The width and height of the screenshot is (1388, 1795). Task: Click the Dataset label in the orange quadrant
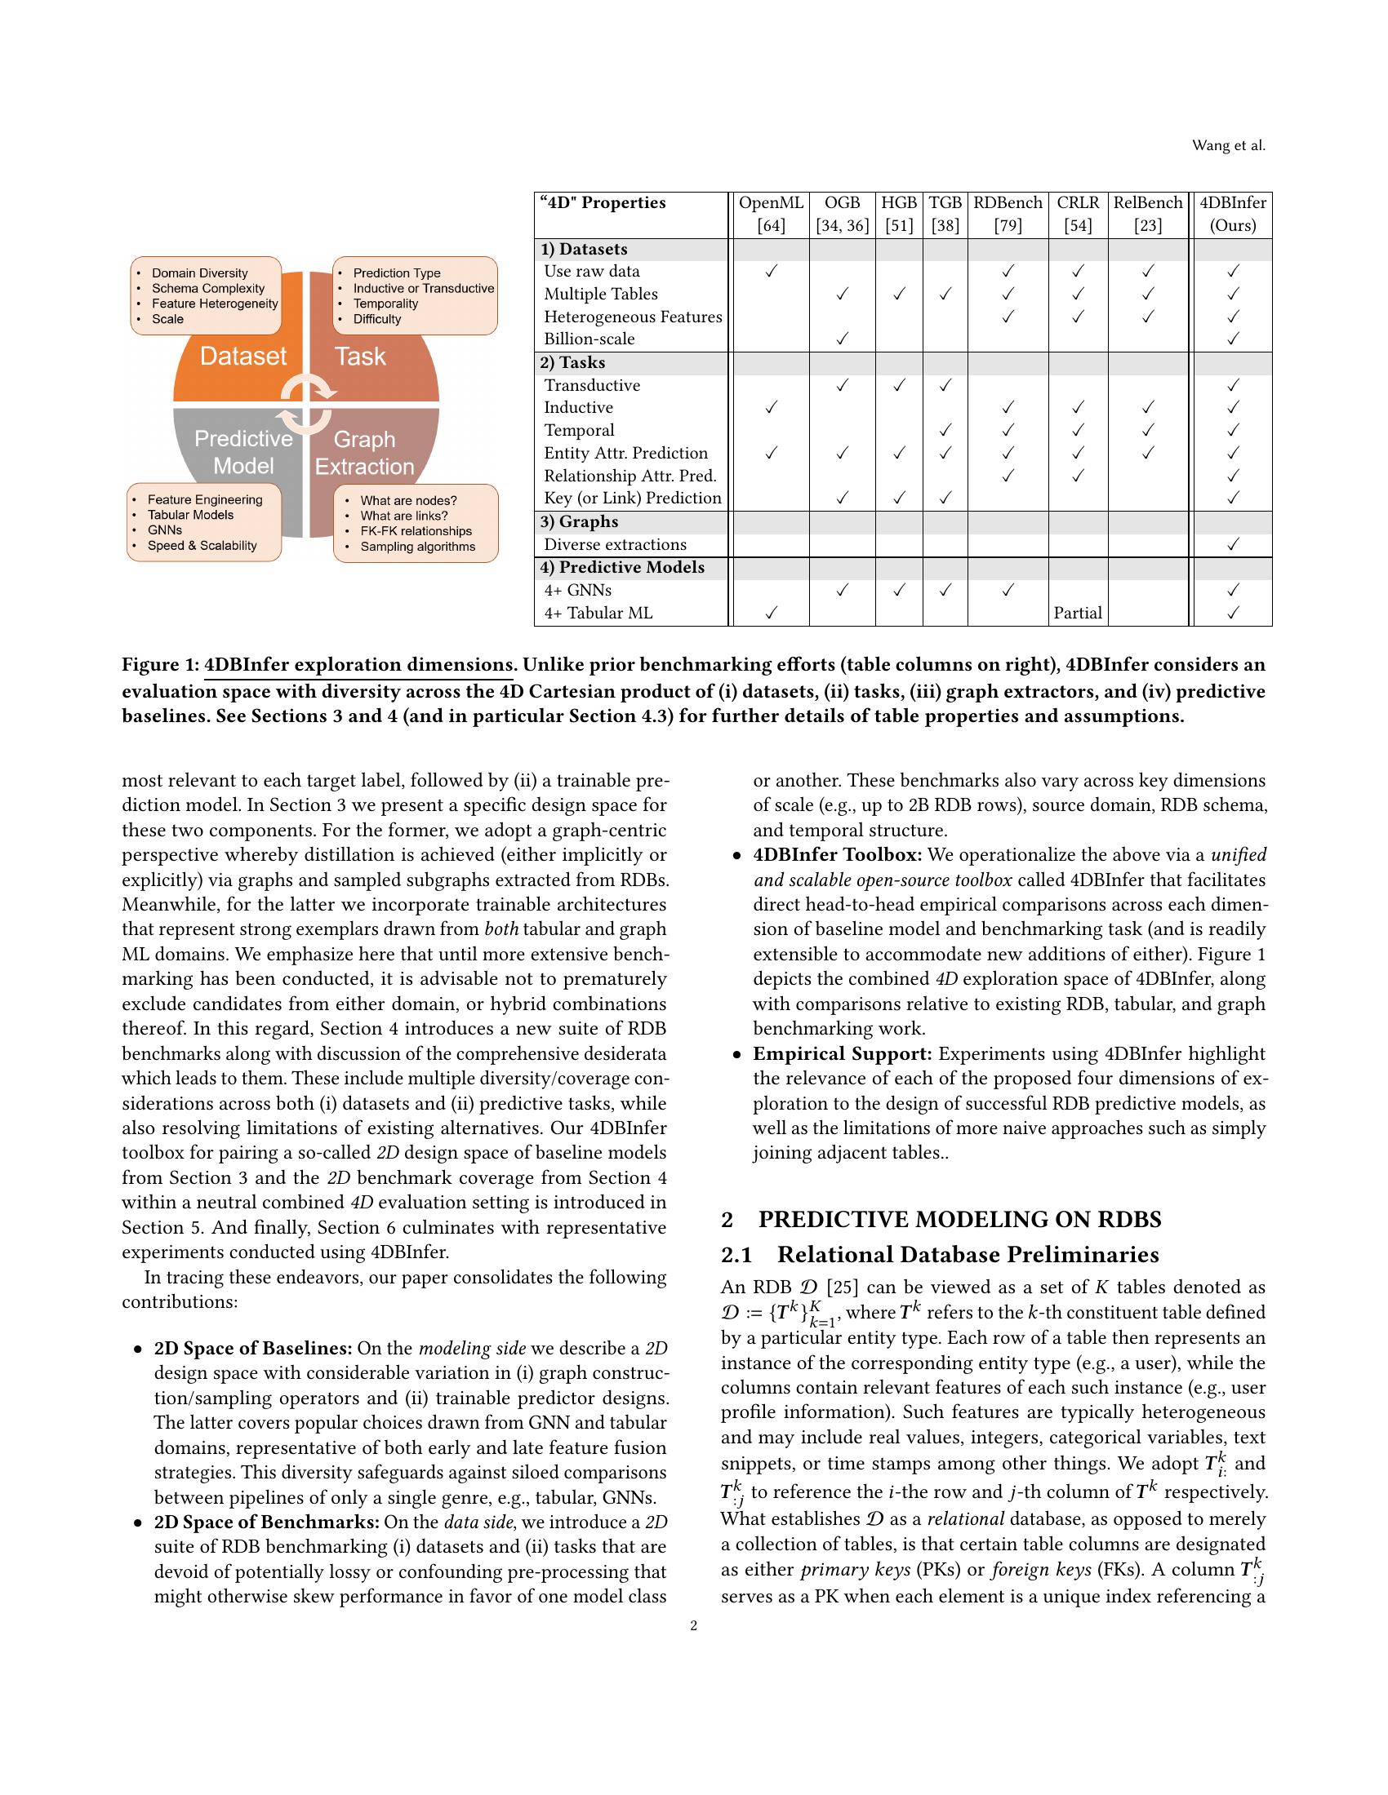coord(242,356)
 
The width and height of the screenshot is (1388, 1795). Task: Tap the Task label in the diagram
coord(360,356)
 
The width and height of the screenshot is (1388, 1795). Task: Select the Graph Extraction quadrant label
coord(364,453)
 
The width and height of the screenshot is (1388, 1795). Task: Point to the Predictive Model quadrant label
coord(243,452)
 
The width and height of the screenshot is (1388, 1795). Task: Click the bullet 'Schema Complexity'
coord(208,289)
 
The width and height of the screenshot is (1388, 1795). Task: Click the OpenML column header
coord(771,203)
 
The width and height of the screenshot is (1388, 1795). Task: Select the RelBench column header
coord(1147,203)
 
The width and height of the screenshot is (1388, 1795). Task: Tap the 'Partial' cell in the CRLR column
coord(1077,613)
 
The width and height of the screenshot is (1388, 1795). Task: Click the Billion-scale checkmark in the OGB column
coord(842,339)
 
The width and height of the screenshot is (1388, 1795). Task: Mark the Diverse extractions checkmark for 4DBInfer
coord(1232,544)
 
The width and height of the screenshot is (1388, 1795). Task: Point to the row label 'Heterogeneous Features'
coord(632,317)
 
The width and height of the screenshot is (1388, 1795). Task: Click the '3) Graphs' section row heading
coord(579,522)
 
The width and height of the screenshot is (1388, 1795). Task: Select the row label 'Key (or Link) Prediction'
coord(632,498)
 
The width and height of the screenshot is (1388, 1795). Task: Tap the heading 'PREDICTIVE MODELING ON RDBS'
coord(959,1220)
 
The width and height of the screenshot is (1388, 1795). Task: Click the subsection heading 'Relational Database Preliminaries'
coord(968,1255)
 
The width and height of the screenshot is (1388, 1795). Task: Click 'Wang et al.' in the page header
coord(1229,146)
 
